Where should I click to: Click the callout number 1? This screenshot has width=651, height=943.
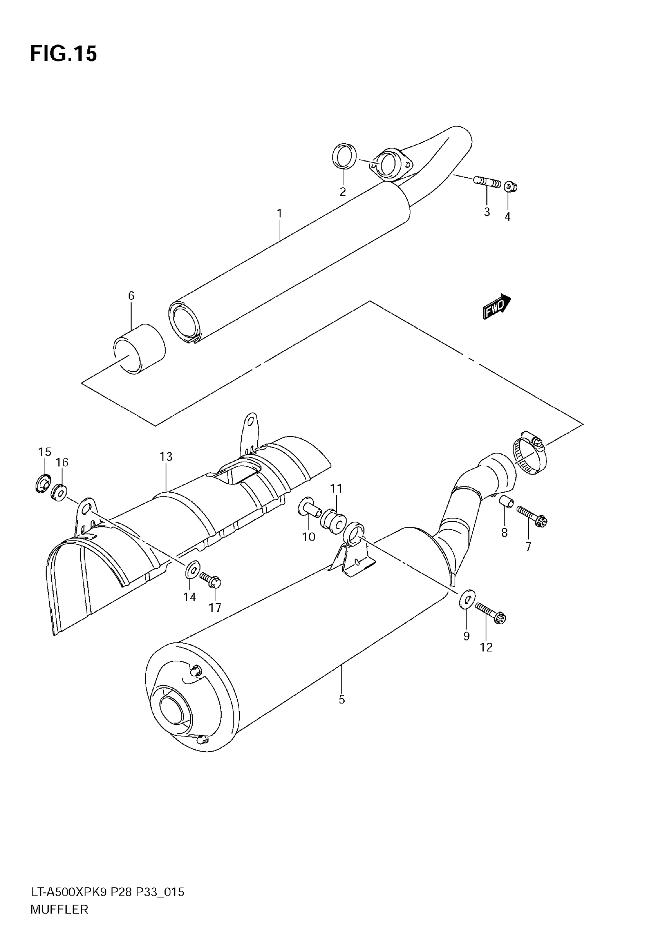[x=280, y=213]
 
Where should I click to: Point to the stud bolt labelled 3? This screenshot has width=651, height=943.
[x=487, y=182]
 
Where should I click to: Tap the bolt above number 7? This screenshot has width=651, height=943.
[x=532, y=515]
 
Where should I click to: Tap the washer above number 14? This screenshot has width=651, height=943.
[x=193, y=570]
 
